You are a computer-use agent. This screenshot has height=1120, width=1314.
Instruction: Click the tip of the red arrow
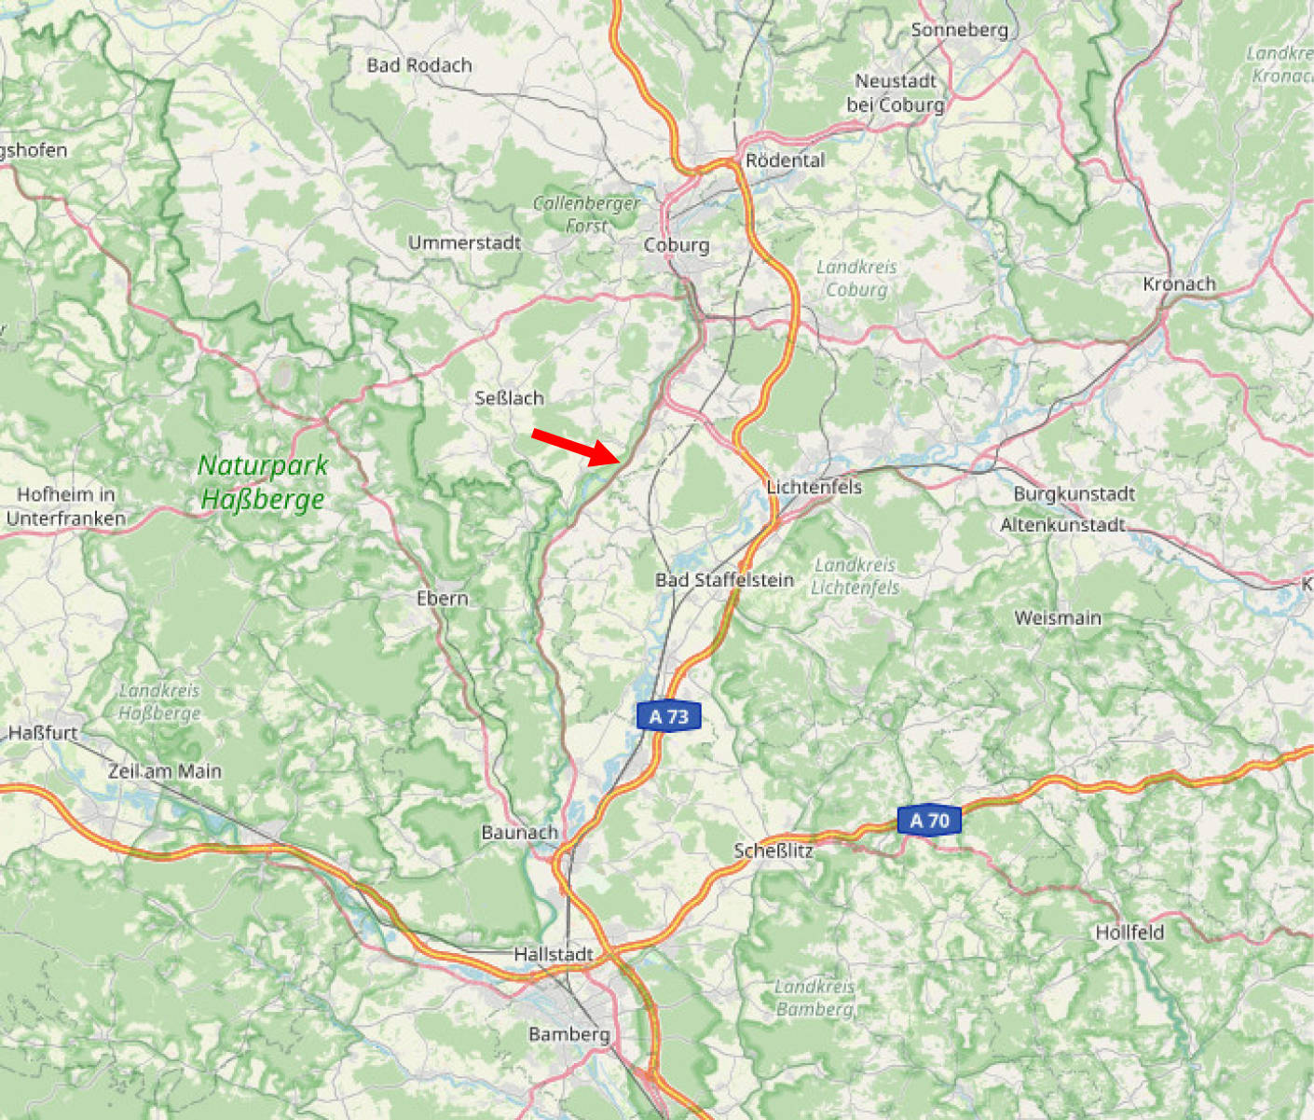pos(620,461)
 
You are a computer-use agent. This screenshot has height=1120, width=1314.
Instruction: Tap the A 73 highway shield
pos(668,716)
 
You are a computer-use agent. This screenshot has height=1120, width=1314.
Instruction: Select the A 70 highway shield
pos(928,821)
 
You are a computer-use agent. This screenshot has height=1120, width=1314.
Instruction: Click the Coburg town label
pos(677,245)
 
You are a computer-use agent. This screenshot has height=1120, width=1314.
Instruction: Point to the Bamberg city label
pos(568,1033)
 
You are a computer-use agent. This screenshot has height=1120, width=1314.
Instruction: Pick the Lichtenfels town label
pos(814,487)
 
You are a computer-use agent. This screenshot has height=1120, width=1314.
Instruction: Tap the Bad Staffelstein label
pos(724,580)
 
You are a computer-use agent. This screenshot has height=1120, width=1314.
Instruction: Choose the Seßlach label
pos(509,398)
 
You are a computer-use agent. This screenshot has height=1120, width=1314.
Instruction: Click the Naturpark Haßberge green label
pos(263,482)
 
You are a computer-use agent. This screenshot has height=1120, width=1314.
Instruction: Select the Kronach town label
pos(1179,283)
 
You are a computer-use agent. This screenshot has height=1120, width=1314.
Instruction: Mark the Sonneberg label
pos(959,30)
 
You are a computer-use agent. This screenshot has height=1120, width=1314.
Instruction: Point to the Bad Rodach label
pos(419,65)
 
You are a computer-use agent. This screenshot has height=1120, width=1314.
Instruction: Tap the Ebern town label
pos(442,598)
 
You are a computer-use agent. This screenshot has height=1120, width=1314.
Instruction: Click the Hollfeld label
pos(1129,932)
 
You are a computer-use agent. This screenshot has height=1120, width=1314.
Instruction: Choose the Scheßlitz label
pos(773,850)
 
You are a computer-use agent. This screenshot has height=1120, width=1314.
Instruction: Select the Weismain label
pos(1058,617)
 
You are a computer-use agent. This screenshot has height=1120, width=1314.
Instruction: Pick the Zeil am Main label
pos(165,771)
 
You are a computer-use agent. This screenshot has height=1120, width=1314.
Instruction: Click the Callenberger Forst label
pos(586,214)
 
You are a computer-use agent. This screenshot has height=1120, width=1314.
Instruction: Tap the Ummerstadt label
pos(464,242)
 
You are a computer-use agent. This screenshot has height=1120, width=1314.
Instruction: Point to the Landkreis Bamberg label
pos(814,997)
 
